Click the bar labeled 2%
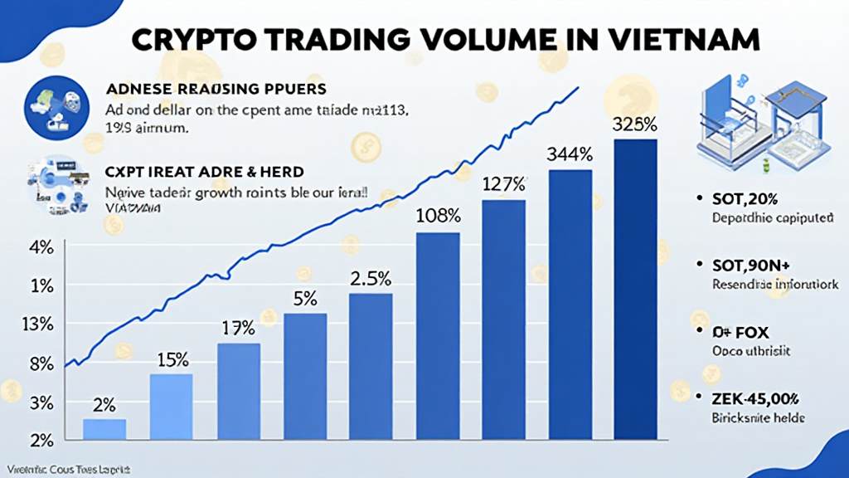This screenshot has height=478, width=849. [104, 429]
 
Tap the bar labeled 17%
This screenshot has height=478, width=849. [238, 391]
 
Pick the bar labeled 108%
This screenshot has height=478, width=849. [437, 335]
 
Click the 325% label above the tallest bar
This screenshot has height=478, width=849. [634, 125]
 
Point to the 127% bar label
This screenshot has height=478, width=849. [503, 184]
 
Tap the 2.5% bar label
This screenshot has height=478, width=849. [371, 279]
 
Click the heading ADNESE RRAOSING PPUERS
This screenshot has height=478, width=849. [216, 88]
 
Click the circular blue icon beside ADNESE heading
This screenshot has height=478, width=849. [56, 105]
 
